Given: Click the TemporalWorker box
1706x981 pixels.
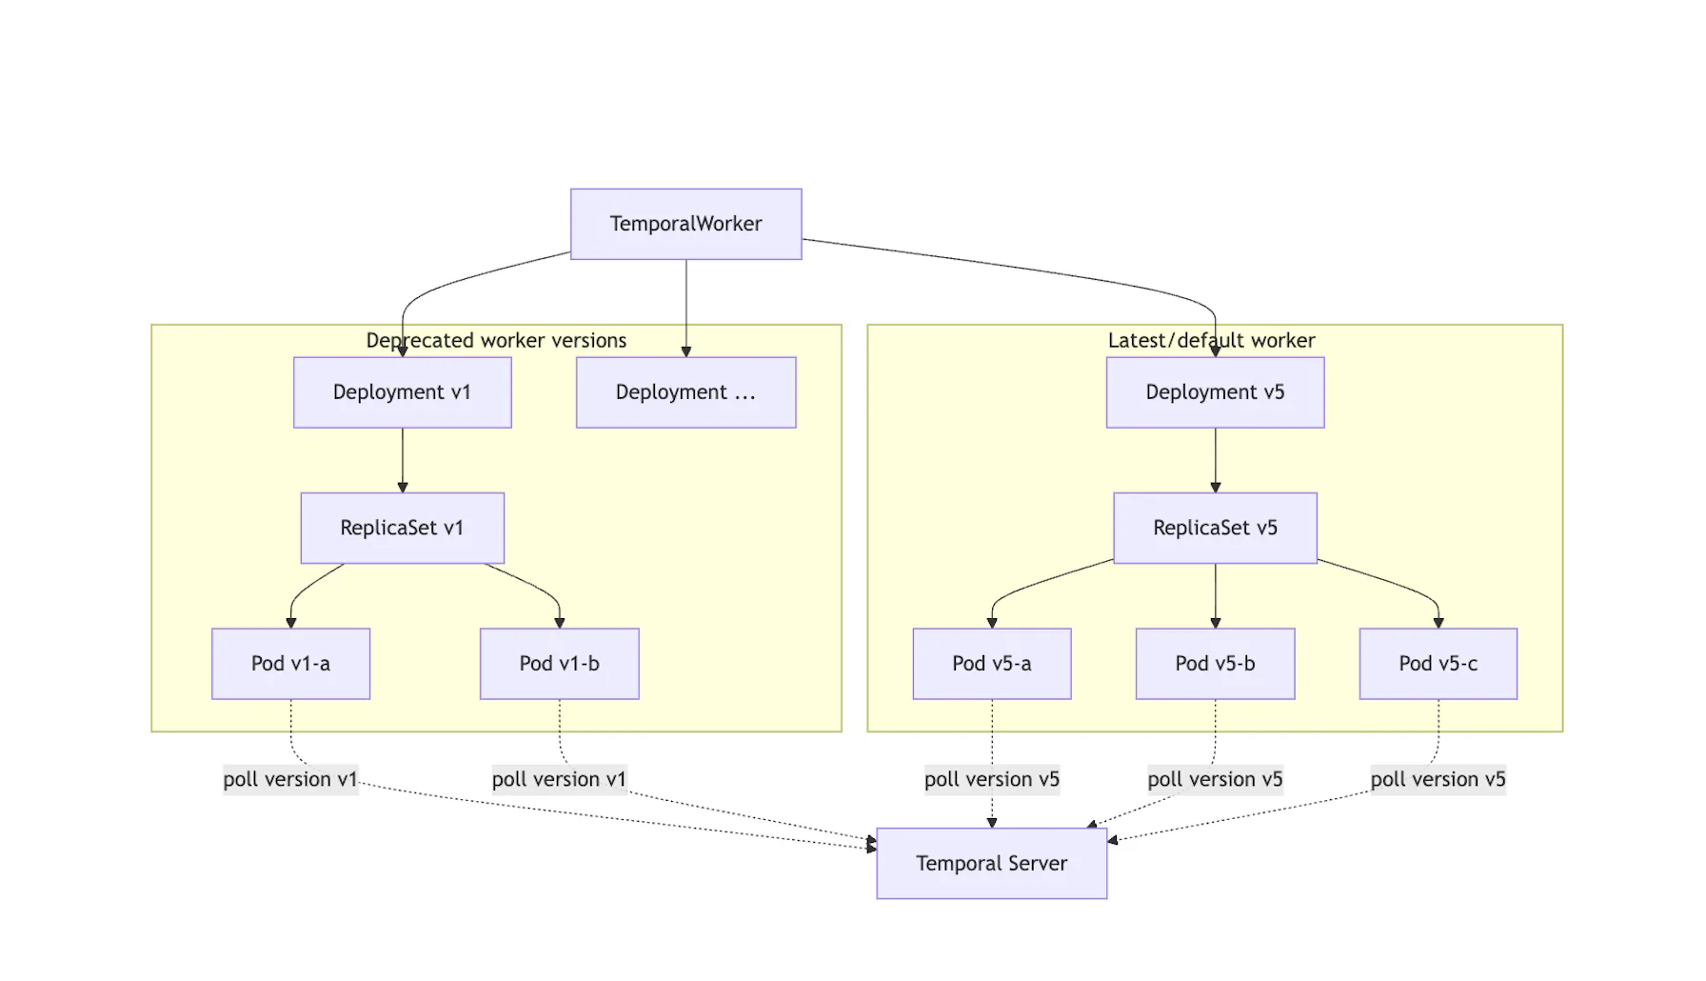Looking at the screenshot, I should [685, 224].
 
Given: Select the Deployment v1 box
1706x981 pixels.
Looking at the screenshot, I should [402, 392].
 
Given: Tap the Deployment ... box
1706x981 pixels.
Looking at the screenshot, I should [685, 392].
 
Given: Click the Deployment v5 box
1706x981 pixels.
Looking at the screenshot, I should [1215, 392].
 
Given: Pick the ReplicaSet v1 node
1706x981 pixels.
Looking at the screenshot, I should [402, 528].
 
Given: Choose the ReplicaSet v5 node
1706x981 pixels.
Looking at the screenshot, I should [1215, 528].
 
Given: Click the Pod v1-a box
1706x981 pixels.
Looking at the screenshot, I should [290, 664].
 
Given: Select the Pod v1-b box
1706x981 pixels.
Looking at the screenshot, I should [559, 664].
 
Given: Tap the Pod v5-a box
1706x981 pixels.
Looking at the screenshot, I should [991, 664].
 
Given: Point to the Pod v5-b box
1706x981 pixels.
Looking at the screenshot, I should [1215, 664].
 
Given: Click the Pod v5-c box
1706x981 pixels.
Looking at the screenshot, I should [1438, 664].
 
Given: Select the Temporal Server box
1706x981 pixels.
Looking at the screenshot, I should [991, 863].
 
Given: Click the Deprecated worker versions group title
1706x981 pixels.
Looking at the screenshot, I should [496, 340].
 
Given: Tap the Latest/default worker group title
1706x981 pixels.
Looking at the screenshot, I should [1211, 340].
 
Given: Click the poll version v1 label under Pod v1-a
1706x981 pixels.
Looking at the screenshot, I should [290, 779].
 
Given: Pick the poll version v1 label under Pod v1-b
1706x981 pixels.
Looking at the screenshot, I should [559, 779].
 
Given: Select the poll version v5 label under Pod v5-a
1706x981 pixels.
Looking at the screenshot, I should [991, 779].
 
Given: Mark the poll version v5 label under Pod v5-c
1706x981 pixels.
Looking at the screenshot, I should [1438, 779].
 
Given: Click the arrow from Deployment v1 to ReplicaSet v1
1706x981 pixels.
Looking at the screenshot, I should [402, 460].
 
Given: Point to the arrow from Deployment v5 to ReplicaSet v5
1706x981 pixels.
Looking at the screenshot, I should [1215, 460].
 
